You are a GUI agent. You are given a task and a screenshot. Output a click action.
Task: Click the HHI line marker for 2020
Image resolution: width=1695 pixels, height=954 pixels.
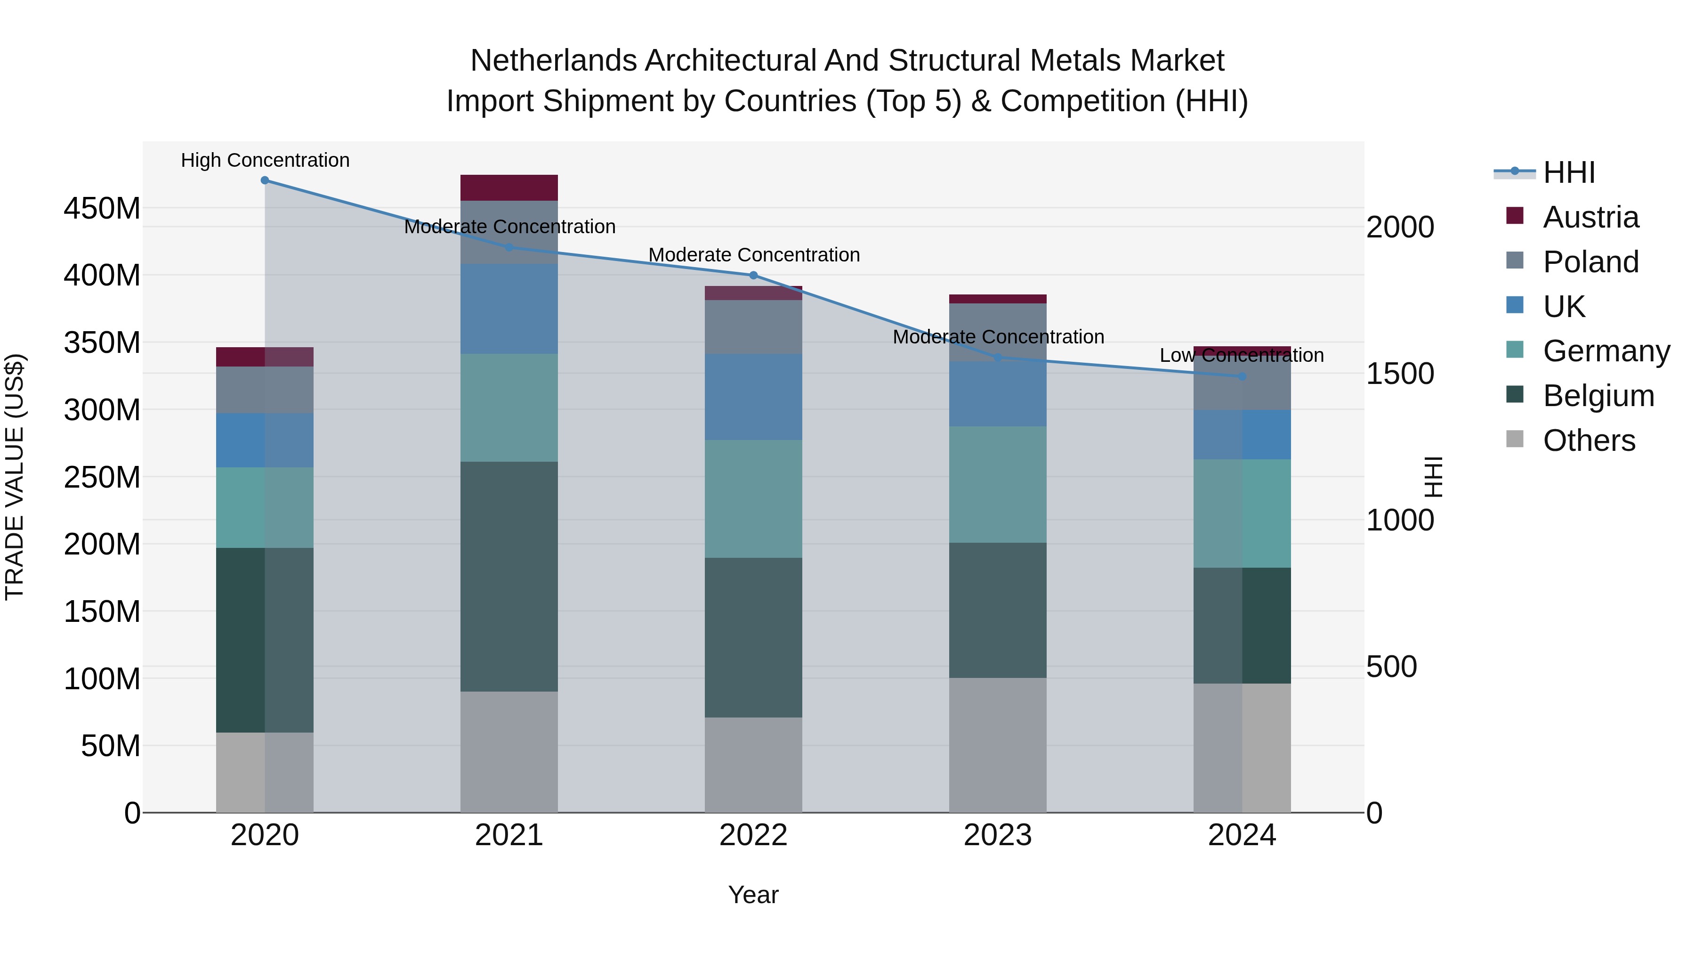click(265, 180)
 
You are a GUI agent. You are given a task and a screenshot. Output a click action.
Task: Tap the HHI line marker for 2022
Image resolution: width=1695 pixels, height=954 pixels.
click(753, 275)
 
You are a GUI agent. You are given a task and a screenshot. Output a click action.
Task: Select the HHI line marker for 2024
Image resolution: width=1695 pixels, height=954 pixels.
click(1242, 376)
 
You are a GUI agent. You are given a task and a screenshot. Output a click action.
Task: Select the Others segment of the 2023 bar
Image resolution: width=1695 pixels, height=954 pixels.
click(998, 745)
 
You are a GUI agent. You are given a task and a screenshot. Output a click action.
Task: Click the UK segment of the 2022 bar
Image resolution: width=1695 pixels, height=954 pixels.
click(753, 397)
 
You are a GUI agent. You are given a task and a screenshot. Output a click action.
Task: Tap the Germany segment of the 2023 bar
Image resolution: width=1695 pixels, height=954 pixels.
click(998, 485)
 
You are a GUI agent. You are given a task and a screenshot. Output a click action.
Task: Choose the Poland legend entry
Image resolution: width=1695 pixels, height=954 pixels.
click(1590, 262)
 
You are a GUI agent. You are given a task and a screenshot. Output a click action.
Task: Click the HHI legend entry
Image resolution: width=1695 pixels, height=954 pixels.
click(1569, 172)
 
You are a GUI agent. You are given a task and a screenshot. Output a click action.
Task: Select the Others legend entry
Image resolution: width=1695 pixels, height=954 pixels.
click(1589, 440)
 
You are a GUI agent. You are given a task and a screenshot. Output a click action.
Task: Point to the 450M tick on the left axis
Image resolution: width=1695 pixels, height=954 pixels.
click(102, 209)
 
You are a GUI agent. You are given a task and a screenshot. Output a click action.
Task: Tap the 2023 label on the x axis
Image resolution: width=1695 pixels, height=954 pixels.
click(998, 835)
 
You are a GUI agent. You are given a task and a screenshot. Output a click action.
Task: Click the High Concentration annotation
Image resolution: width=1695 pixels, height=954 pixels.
click(265, 160)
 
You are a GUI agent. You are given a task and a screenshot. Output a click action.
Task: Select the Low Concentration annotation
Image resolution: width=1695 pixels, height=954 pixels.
click(1241, 356)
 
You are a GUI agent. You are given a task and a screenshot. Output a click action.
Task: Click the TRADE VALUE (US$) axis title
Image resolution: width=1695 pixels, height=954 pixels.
click(15, 477)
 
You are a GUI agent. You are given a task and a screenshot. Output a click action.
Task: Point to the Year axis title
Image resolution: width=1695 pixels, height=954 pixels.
click(753, 895)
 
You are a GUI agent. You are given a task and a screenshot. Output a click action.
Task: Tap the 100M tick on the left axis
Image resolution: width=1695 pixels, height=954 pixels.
click(102, 679)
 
